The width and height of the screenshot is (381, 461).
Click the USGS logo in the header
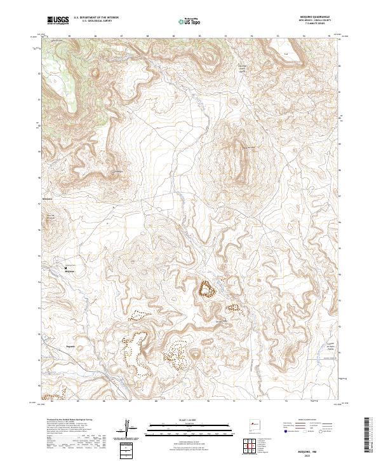point(58,20)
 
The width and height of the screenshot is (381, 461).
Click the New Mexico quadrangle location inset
point(257,422)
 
